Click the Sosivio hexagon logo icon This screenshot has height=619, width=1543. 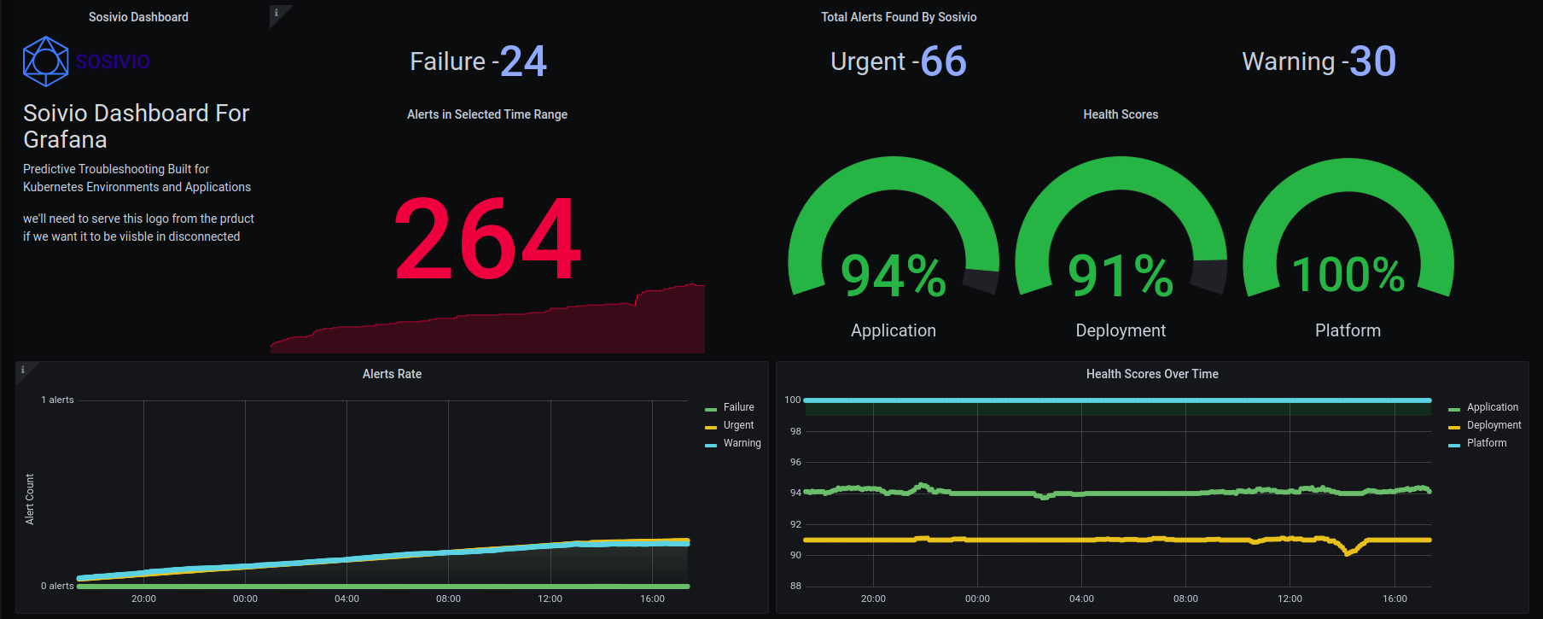tap(45, 61)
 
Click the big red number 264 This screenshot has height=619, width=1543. tap(487, 238)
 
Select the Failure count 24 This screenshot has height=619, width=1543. tap(523, 61)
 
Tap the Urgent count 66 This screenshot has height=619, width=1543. tap(943, 61)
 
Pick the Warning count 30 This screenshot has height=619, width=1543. tap(1372, 61)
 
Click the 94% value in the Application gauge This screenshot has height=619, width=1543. tap(894, 276)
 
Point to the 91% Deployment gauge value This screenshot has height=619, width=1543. tap(1121, 276)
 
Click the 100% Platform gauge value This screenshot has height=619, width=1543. tap(1348, 275)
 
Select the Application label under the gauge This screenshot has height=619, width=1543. tap(894, 330)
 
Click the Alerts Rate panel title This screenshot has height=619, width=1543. tap(392, 374)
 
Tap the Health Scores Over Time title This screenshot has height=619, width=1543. tap(1152, 374)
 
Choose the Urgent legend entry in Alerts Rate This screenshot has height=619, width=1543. tap(738, 425)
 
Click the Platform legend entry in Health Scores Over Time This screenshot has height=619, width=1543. tap(1486, 443)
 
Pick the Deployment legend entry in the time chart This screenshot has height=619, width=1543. tap(1494, 425)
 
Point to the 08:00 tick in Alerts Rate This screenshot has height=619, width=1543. tap(448, 599)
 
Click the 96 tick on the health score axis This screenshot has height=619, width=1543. tap(795, 462)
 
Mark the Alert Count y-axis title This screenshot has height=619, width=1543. tap(30, 499)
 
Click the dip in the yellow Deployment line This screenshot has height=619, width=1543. tap(1348, 552)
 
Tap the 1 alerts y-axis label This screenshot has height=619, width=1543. tap(58, 400)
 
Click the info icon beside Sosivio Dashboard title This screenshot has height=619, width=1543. tap(277, 13)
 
